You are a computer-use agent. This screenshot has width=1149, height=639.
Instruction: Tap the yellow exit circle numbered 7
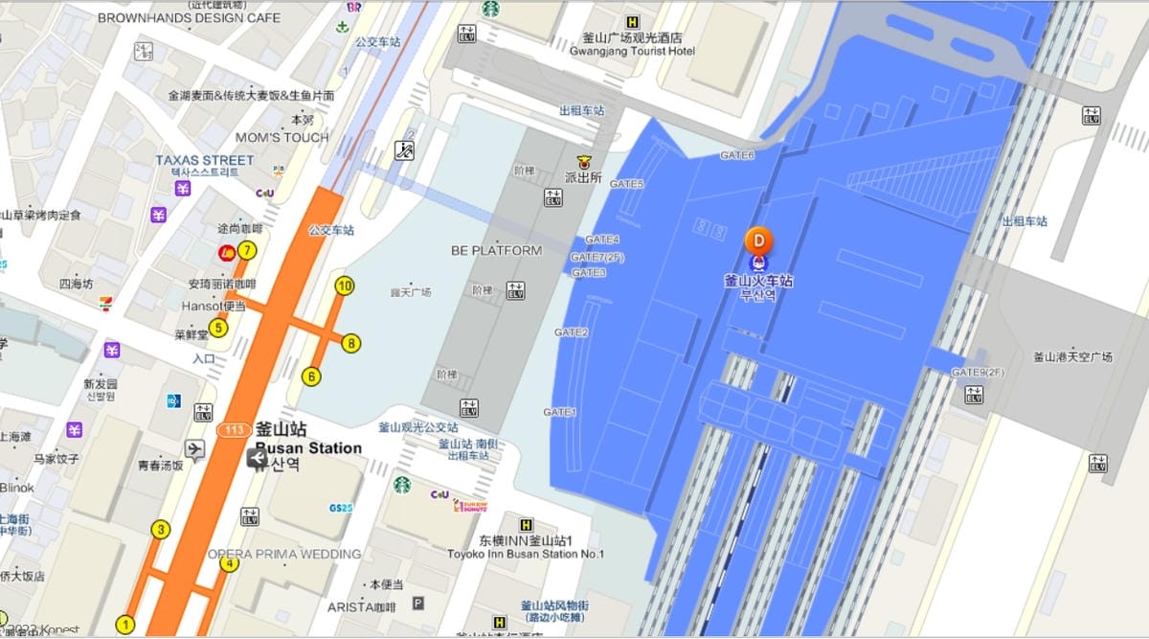pyautogui.click(x=247, y=251)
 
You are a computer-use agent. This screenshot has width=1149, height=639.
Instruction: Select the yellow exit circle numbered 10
pyautogui.click(x=345, y=285)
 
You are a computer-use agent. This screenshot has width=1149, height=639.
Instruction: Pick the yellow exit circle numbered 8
pyautogui.click(x=351, y=343)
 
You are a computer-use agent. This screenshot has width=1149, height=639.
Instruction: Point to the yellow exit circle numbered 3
pyautogui.click(x=161, y=529)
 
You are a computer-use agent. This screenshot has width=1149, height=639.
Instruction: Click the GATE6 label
pyautogui.click(x=737, y=155)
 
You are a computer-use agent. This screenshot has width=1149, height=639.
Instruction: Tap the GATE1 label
pyautogui.click(x=560, y=412)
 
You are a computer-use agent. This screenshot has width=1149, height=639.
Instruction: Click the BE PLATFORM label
pyautogui.click(x=496, y=251)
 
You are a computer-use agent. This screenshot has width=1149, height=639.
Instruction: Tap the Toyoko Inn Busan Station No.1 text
pyautogui.click(x=526, y=554)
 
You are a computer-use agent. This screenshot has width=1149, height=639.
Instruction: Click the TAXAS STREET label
pyautogui.click(x=205, y=160)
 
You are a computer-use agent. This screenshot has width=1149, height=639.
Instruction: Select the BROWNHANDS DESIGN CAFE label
pyautogui.click(x=190, y=17)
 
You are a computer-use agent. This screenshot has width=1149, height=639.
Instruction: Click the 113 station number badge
pyautogui.click(x=234, y=429)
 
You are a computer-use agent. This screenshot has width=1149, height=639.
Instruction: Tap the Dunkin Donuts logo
pyautogui.click(x=470, y=505)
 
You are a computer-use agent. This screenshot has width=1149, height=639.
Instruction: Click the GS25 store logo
pyautogui.click(x=341, y=508)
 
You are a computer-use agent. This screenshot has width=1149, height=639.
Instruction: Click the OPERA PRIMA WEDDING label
pyautogui.click(x=284, y=554)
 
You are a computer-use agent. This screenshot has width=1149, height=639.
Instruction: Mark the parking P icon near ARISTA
pyautogui.click(x=417, y=603)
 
